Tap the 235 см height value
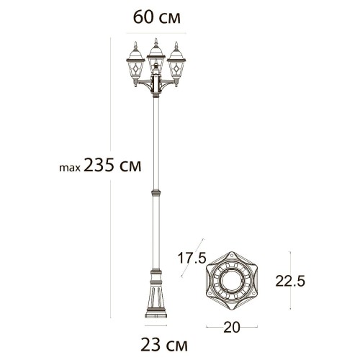(112, 165)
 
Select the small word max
(69, 168)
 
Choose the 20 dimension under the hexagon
(231, 327)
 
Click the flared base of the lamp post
(155, 299)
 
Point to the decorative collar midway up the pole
(155, 194)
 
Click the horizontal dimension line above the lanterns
(156, 32)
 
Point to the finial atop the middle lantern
(155, 37)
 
